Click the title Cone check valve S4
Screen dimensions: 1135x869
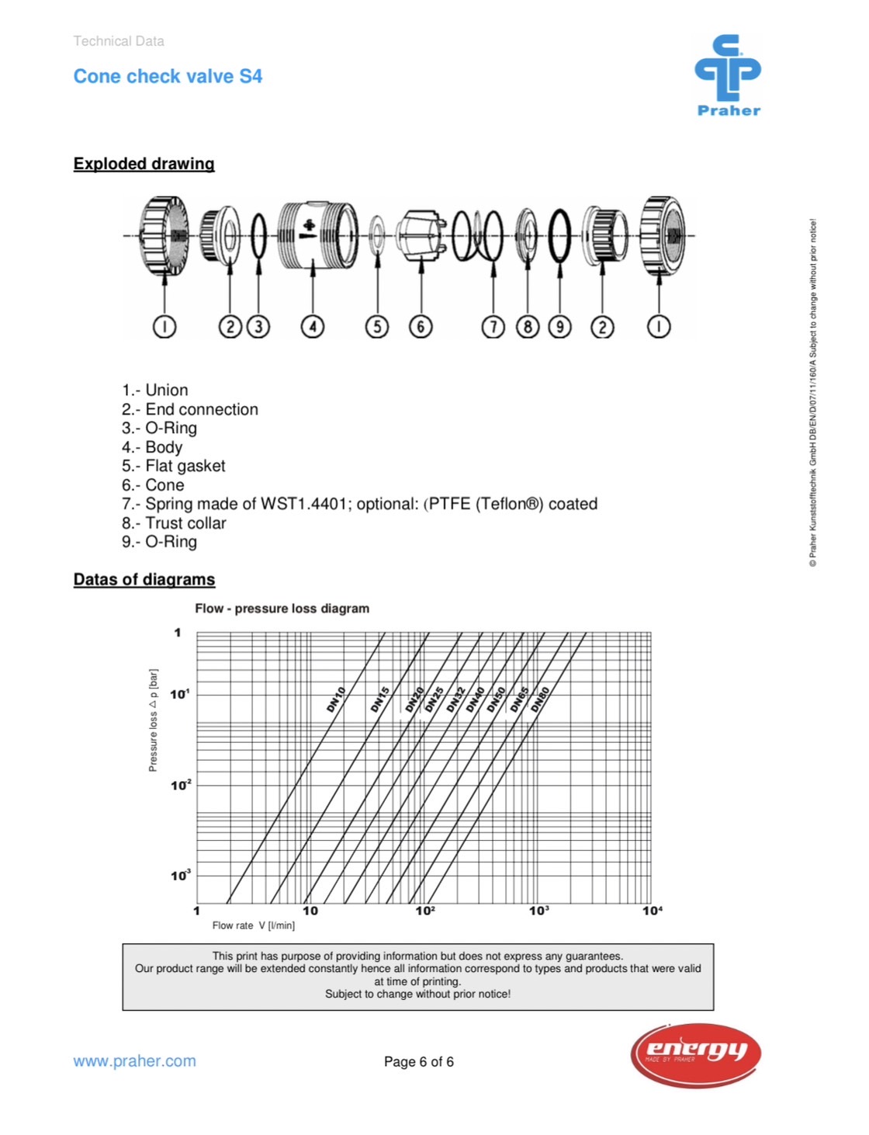click(168, 76)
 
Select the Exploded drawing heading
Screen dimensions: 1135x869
click(144, 164)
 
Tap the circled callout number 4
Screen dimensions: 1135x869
click(313, 327)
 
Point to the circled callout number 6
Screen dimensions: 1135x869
click(421, 327)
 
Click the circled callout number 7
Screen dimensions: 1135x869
click(493, 327)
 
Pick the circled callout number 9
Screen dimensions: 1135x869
click(559, 327)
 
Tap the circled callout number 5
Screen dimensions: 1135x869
click(377, 327)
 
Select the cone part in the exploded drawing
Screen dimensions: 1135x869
click(420, 235)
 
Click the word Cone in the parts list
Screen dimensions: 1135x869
click(164, 485)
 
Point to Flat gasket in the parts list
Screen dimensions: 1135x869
click(185, 466)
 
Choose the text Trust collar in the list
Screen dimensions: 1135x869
click(185, 523)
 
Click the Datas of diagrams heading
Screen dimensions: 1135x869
click(144, 580)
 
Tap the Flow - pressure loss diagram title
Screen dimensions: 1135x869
click(282, 609)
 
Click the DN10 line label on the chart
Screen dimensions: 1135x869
click(336, 699)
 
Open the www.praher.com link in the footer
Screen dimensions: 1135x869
click(134, 1061)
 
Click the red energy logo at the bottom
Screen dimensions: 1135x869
click(695, 1054)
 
